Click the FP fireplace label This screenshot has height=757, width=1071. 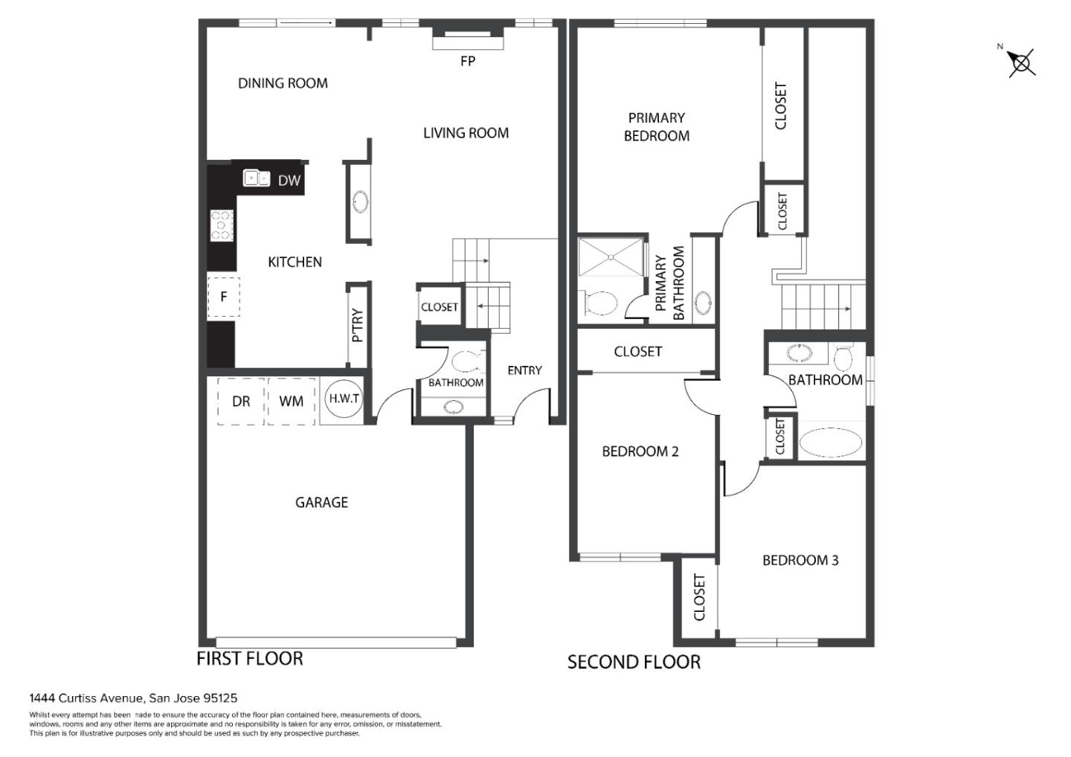pyautogui.click(x=468, y=61)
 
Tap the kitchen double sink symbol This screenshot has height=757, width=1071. pyautogui.click(x=257, y=178)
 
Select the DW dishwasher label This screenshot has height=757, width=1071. pyautogui.click(x=289, y=180)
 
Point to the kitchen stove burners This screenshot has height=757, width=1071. pyautogui.click(x=222, y=225)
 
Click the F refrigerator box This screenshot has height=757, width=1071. pyautogui.click(x=223, y=297)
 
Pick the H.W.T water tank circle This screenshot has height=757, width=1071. pyautogui.click(x=344, y=398)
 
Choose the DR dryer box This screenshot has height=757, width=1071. pyautogui.click(x=241, y=401)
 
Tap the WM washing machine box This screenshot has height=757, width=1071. pyautogui.click(x=292, y=401)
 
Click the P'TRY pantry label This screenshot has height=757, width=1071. pyautogui.click(x=357, y=326)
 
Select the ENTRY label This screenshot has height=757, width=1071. pyautogui.click(x=524, y=370)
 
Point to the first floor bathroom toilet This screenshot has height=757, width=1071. pyautogui.click(x=466, y=361)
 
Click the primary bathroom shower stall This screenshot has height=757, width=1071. pyautogui.click(x=611, y=257)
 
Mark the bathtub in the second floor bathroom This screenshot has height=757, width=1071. pyautogui.click(x=831, y=442)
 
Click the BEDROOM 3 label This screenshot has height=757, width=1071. pyautogui.click(x=800, y=560)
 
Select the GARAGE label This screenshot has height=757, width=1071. pyautogui.click(x=321, y=502)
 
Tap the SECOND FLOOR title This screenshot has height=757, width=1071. pyautogui.click(x=634, y=662)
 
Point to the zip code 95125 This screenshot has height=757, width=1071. pyautogui.click(x=220, y=698)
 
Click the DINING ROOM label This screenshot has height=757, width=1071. pyautogui.click(x=283, y=83)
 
